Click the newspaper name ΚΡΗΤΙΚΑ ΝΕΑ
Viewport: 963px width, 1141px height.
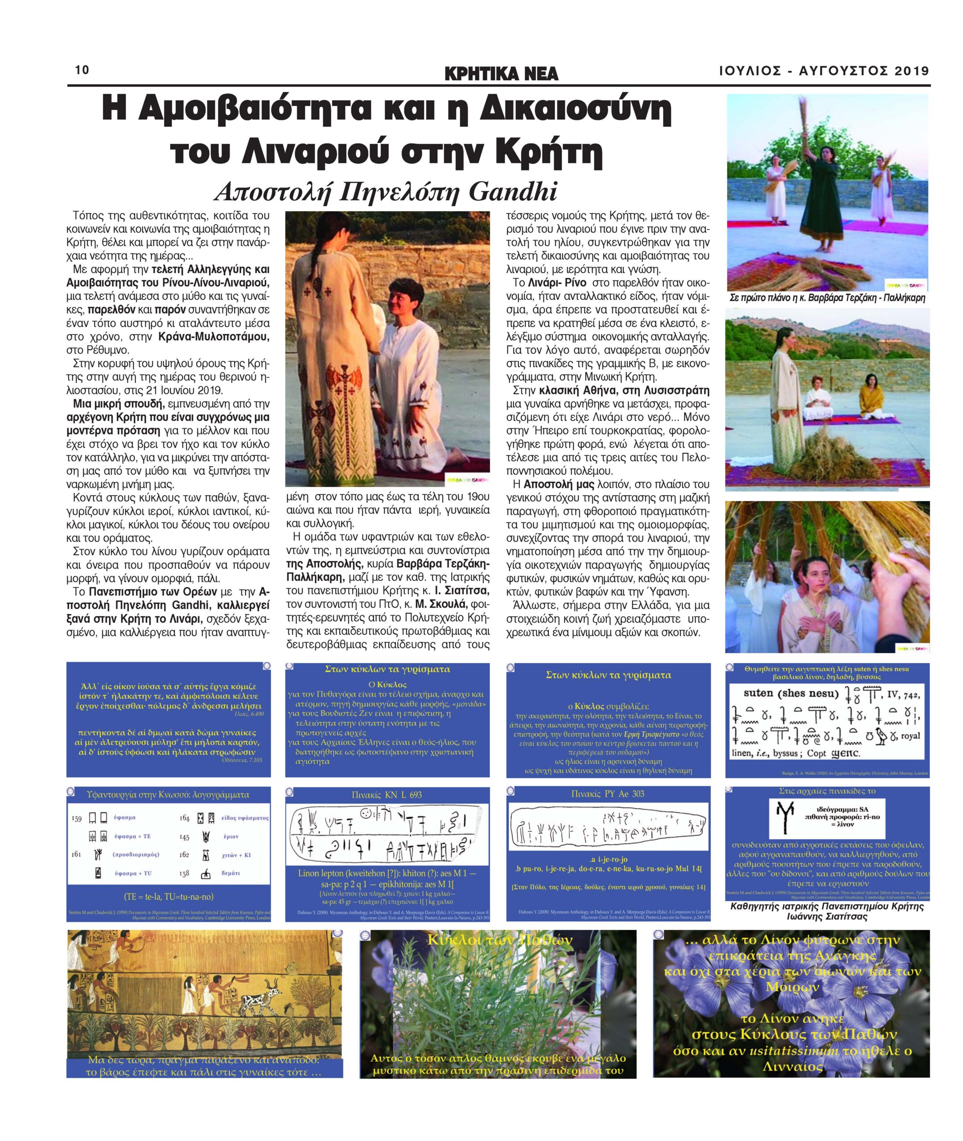point(502,73)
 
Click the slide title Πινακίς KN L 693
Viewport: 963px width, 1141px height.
point(387,795)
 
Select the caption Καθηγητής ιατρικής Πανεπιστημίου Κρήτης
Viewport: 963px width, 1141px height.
point(827,907)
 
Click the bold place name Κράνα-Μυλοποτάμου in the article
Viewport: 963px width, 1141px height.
point(214,337)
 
